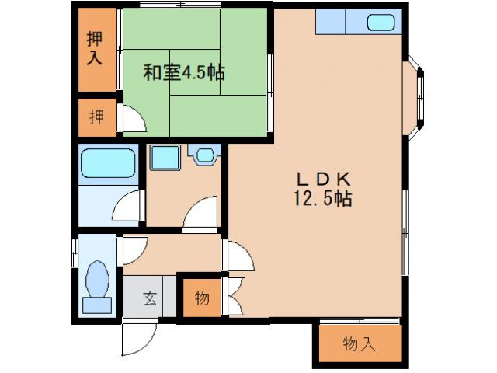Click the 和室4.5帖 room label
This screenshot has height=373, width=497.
click(x=183, y=73)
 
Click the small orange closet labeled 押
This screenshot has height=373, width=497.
click(x=96, y=117)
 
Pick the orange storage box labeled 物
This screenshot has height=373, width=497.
click(x=200, y=298)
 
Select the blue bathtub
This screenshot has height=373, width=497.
click(x=109, y=164)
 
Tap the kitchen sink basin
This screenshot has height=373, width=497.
click(x=380, y=23)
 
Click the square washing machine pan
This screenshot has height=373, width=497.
click(x=165, y=159)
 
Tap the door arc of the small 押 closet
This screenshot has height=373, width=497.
click(x=133, y=118)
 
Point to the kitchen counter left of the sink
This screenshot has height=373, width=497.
click(x=329, y=23)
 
